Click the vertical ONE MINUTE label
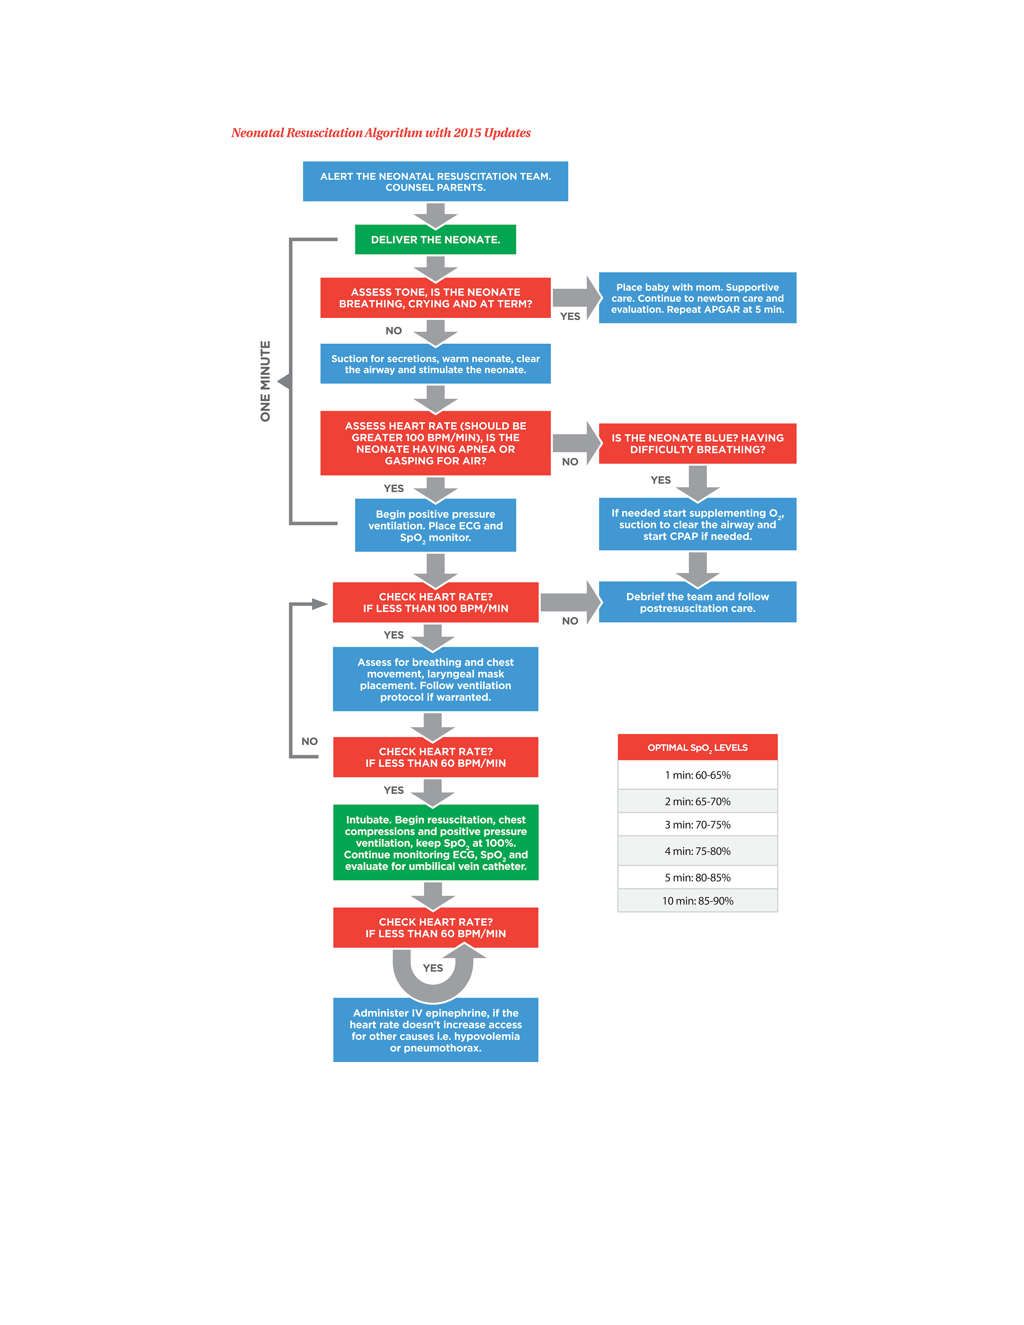coord(265,381)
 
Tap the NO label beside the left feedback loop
coord(309,741)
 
